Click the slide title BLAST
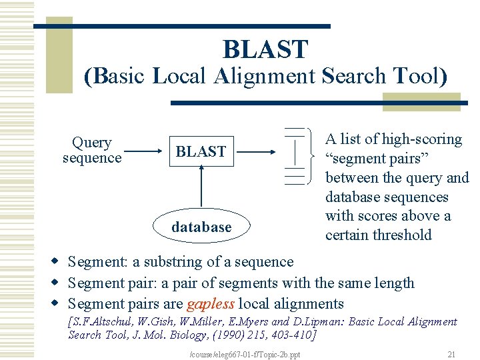coord(265,49)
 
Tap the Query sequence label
coord(92,151)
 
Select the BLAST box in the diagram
coord(201,152)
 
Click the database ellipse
coord(201,227)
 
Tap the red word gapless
coord(211,305)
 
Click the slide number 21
coord(451,354)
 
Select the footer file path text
coord(245,354)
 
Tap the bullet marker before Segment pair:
coord(57,283)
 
